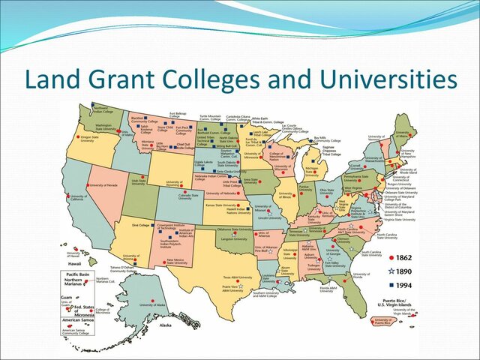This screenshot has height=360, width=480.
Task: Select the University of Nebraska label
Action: pyautogui.click(x=223, y=193)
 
